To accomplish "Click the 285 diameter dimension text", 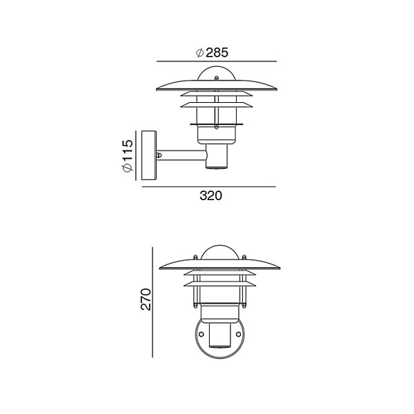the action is click(213, 52).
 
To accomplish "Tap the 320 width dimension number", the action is click(210, 196).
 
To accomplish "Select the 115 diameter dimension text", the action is click(128, 156).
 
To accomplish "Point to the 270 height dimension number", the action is click(146, 299).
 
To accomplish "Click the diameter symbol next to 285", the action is click(200, 52).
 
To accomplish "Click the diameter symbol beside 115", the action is click(128, 168).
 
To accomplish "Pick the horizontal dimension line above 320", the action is click(209, 187).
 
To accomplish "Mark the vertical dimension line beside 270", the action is click(152, 302).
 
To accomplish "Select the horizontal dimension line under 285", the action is click(217, 61).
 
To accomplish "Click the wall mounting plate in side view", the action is click(149, 155).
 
